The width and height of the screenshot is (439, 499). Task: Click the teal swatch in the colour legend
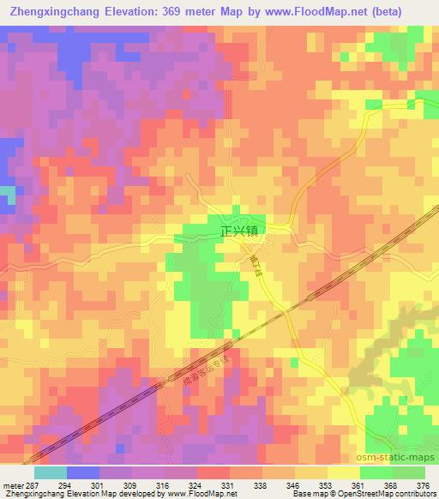click(51, 472)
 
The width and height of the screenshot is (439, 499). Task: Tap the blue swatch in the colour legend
click(83, 472)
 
